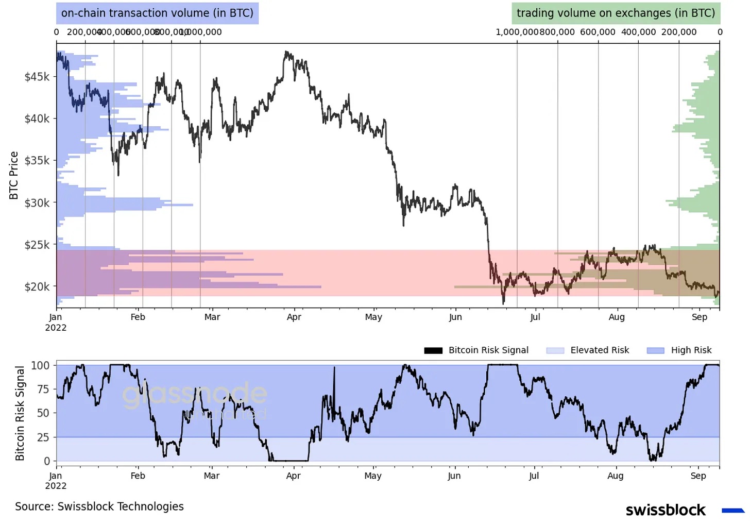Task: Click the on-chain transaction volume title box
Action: pyautogui.click(x=157, y=13)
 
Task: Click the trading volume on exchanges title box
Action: pyautogui.click(x=616, y=13)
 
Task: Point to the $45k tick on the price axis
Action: pyautogui.click(x=37, y=77)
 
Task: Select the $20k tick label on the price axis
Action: pyautogui.click(x=37, y=286)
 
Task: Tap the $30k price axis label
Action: pyautogui.click(x=37, y=202)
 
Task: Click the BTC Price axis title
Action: pyautogui.click(x=14, y=175)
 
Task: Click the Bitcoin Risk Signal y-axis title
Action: pyautogui.click(x=20, y=413)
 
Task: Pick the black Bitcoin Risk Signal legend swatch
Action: pyautogui.click(x=433, y=350)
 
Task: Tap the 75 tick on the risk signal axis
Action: pyautogui.click(x=43, y=389)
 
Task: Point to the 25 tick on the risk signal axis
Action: pyautogui.click(x=43, y=437)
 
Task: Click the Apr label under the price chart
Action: pyautogui.click(x=294, y=317)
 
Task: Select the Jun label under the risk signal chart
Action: pyautogui.click(x=454, y=476)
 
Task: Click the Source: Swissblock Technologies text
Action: pyautogui.click(x=99, y=506)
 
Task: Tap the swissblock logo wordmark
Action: pyautogui.click(x=666, y=510)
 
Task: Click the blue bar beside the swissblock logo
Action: pyautogui.click(x=733, y=511)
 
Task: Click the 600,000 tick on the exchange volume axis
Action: pyautogui.click(x=598, y=32)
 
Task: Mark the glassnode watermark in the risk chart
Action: pyautogui.click(x=194, y=396)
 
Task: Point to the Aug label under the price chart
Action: pyautogui.click(x=617, y=317)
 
